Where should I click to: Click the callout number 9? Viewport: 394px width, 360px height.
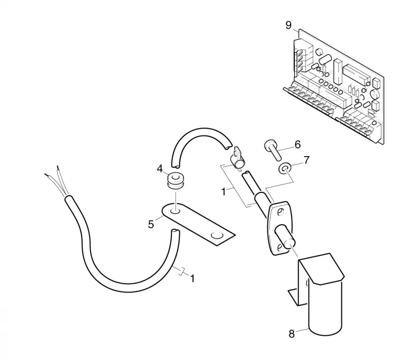[289, 26]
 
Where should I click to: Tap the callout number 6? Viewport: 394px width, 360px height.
[297, 144]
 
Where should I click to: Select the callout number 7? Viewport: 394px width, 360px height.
[306, 160]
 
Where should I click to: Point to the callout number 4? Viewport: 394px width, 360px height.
[160, 169]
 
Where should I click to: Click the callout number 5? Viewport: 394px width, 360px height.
[151, 225]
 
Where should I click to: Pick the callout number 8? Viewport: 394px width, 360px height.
[292, 334]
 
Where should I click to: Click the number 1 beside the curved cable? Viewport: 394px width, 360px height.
[192, 278]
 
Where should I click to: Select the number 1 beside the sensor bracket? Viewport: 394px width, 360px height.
[224, 192]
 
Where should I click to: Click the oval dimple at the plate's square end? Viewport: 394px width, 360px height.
[217, 235]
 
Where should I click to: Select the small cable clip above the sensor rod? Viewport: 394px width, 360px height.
[237, 160]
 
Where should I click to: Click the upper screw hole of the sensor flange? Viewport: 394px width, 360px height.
[280, 212]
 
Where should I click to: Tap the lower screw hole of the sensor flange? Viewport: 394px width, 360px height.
[279, 248]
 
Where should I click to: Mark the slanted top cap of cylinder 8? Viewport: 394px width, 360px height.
[322, 269]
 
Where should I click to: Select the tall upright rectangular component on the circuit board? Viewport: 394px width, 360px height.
[338, 72]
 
